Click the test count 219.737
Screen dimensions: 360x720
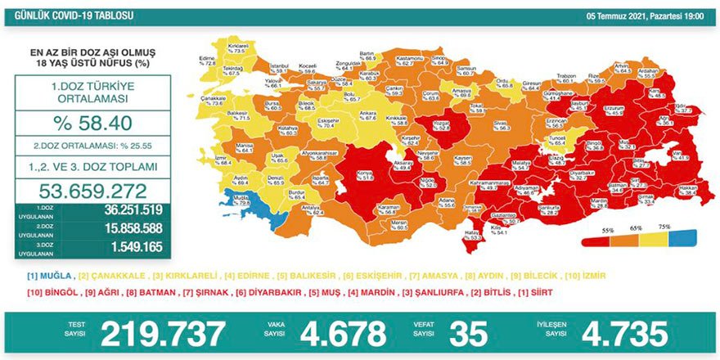pos(163,334)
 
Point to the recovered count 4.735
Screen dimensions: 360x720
pos(624,334)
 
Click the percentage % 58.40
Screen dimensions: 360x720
pos(92,124)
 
